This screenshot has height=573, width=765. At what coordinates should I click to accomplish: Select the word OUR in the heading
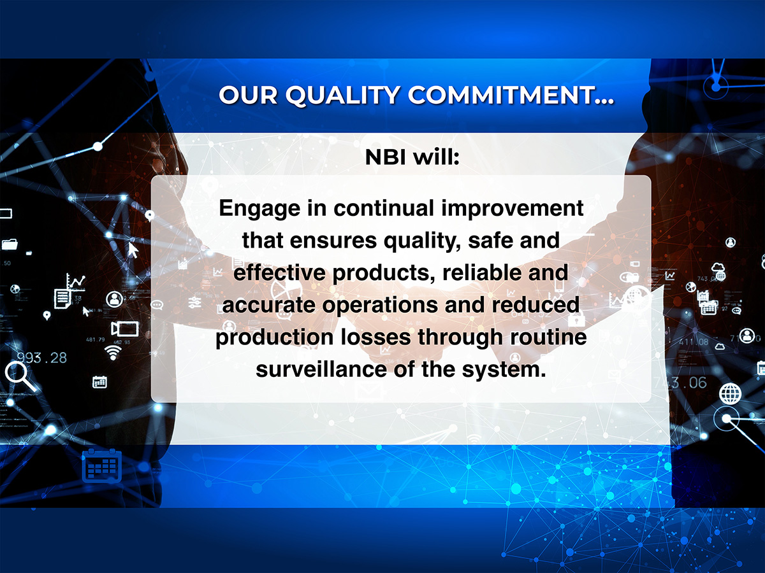click(x=248, y=95)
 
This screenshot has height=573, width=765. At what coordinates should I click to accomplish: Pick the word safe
click(x=490, y=240)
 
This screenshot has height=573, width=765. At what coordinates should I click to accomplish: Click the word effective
click(x=279, y=272)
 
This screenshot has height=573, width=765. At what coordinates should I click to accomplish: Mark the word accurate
click(x=268, y=305)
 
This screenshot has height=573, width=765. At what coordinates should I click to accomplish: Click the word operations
click(x=379, y=306)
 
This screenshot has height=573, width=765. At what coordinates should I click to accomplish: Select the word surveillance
click(x=321, y=369)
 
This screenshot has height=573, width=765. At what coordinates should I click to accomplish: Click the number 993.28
click(x=42, y=358)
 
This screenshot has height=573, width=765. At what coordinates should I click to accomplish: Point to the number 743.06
click(x=680, y=383)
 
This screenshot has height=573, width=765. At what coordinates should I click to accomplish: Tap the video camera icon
click(x=124, y=329)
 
